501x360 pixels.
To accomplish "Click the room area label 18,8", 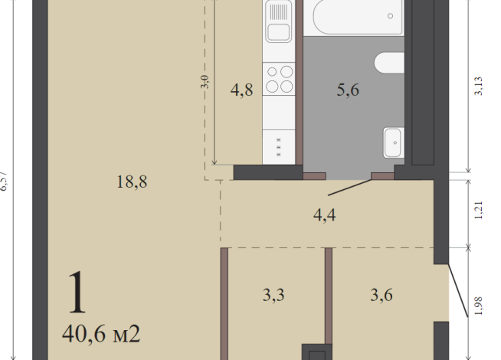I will (132, 182).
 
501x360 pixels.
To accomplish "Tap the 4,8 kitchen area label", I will (242, 90).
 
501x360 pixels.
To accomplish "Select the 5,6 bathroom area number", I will (349, 90).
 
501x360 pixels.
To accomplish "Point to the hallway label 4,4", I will (325, 214).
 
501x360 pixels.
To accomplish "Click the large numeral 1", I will (77, 293).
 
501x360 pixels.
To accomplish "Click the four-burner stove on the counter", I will (279, 79).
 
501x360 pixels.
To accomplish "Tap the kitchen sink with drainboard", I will (279, 23).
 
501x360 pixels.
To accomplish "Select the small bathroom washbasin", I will (391, 141).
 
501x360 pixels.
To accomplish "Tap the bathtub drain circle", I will (391, 16).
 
